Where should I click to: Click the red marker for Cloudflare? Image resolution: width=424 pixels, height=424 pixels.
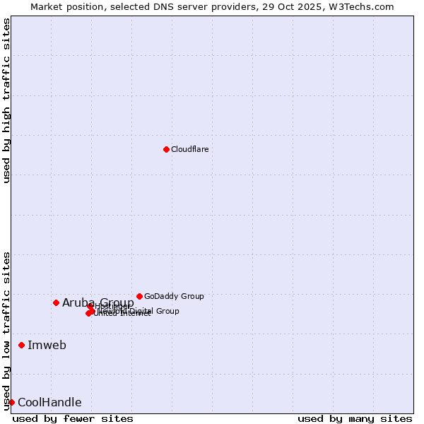(166, 149)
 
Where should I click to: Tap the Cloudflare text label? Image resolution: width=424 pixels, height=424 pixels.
(189, 149)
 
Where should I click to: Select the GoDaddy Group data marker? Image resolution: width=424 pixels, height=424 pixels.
(139, 296)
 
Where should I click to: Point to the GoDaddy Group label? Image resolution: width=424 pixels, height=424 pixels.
(174, 296)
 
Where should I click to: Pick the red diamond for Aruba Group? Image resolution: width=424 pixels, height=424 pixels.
(56, 302)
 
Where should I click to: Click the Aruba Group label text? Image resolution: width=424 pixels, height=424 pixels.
(98, 302)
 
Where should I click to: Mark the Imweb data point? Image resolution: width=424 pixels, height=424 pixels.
(21, 345)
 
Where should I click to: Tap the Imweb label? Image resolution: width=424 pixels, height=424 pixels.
(47, 345)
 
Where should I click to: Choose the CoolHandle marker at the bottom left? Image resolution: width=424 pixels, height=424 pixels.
(11, 402)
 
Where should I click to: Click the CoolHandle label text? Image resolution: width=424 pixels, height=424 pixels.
(49, 403)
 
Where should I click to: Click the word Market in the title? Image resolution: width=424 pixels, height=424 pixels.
(47, 6)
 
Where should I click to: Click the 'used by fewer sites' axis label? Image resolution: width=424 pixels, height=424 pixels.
(73, 418)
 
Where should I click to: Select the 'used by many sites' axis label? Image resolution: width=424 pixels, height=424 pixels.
(355, 418)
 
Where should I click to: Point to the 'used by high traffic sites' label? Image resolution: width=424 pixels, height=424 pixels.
(6, 100)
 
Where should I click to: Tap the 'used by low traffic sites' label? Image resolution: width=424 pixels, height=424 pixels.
(6, 330)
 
